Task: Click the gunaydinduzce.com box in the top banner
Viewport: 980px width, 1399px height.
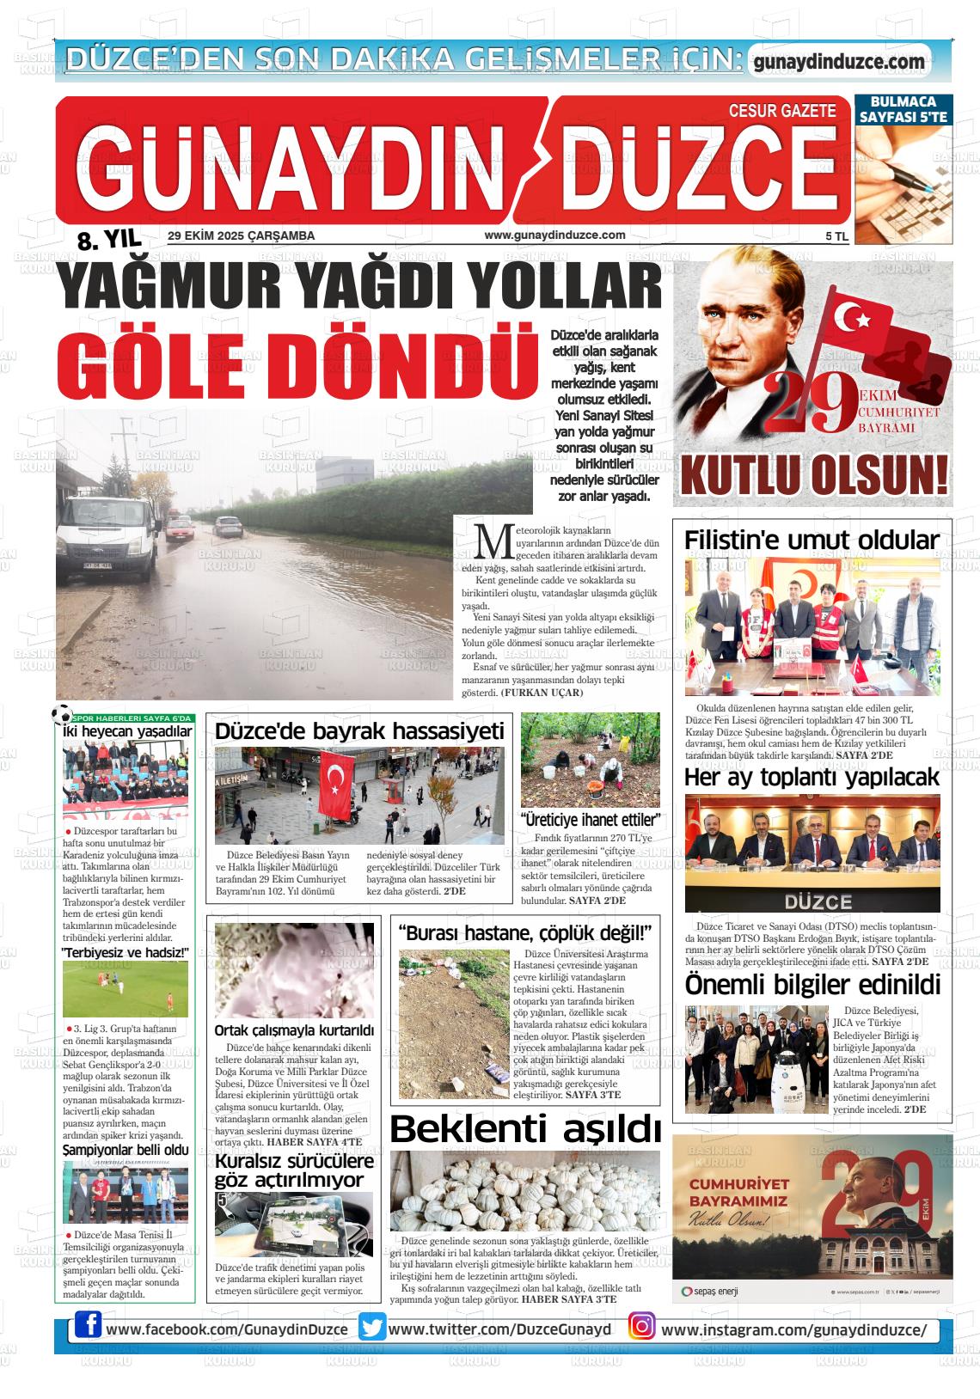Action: click(x=838, y=62)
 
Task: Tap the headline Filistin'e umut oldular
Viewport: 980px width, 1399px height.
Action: click(x=812, y=541)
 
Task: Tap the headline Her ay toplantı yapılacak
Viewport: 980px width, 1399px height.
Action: click(x=812, y=778)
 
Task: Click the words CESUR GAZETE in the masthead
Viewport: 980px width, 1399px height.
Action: click(x=781, y=111)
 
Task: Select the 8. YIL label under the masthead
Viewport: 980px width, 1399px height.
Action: click(x=108, y=240)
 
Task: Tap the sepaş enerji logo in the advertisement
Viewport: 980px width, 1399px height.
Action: click(x=709, y=1292)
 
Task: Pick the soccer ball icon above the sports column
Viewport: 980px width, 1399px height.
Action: click(x=62, y=714)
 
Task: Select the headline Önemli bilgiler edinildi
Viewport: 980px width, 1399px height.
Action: click(x=812, y=984)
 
